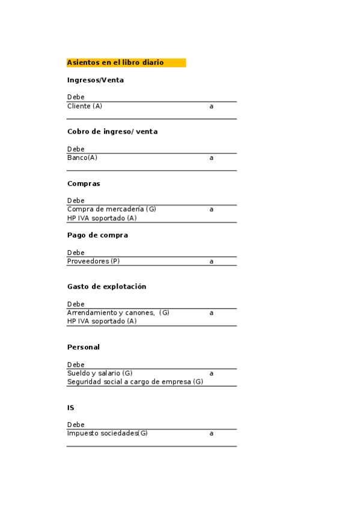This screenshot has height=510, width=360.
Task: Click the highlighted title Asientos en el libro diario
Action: pos(115,63)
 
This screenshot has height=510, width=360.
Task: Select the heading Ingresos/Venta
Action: pos(96,80)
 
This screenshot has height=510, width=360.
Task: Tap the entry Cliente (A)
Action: pos(85,106)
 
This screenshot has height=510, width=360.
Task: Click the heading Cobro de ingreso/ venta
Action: pos(112,132)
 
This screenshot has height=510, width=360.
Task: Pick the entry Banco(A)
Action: pos(82,158)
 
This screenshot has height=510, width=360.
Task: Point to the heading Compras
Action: pos(84,183)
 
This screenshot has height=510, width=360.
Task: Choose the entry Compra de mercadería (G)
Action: pos(112,209)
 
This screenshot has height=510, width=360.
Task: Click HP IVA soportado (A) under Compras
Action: pos(102,218)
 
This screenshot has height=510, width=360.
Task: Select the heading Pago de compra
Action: pos(97,235)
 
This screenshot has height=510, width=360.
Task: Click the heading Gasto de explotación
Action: pos(107,287)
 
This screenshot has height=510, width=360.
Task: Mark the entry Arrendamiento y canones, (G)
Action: pos(118,313)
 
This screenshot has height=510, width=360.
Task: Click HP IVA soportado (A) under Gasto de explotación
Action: pos(102,321)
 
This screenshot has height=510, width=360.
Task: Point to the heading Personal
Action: pos(84,348)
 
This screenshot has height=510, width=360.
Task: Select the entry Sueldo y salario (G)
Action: pos(100,373)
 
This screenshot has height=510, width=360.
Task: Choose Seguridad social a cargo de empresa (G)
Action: pos(135,382)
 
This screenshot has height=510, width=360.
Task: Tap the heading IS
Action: pos(71,408)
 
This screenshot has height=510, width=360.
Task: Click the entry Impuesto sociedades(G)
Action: pos(108,433)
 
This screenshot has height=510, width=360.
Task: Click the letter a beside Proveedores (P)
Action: pos(212,262)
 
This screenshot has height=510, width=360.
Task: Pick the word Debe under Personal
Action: pos(76,364)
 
